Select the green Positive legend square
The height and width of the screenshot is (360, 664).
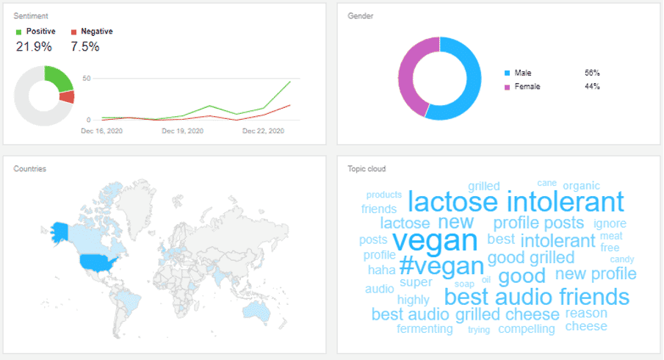click(x=19, y=32)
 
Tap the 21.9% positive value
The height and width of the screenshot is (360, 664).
click(x=35, y=46)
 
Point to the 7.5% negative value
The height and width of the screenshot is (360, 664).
click(x=86, y=46)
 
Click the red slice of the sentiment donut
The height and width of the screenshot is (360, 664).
click(x=68, y=97)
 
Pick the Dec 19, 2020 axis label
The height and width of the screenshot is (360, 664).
click(x=181, y=131)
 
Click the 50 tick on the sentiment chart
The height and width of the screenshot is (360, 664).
click(x=87, y=79)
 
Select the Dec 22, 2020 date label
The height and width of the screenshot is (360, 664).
click(x=263, y=131)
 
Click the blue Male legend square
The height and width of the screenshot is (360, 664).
click(x=508, y=73)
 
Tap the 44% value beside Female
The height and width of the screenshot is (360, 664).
click(x=592, y=87)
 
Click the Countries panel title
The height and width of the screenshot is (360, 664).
click(x=30, y=169)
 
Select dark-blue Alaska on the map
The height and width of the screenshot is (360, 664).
click(x=58, y=230)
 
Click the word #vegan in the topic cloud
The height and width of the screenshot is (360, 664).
click(x=441, y=264)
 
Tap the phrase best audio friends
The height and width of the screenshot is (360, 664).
click(x=537, y=297)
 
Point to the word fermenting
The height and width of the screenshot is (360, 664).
click(x=425, y=328)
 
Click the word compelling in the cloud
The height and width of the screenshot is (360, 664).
click(x=526, y=328)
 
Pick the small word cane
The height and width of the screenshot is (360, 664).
click(x=546, y=183)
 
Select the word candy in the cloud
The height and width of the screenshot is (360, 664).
click(x=621, y=259)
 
